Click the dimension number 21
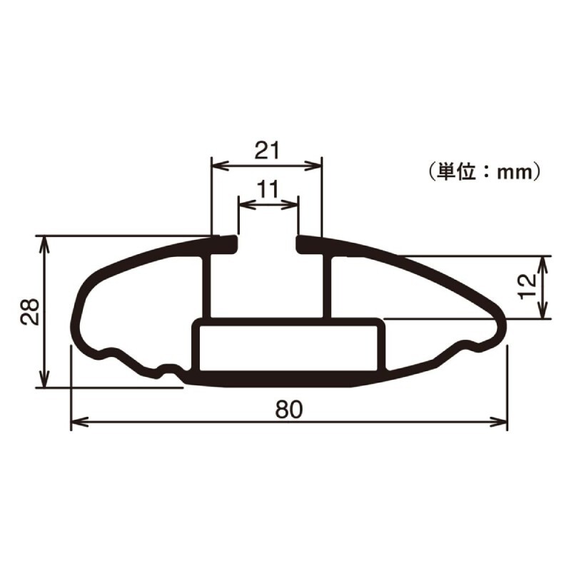click(x=267, y=151)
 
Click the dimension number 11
click(x=268, y=189)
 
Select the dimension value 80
click(x=289, y=409)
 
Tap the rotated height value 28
click(x=29, y=311)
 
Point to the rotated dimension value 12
click(x=527, y=287)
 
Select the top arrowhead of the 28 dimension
click(x=44, y=245)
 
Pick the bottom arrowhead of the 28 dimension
click(x=44, y=379)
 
